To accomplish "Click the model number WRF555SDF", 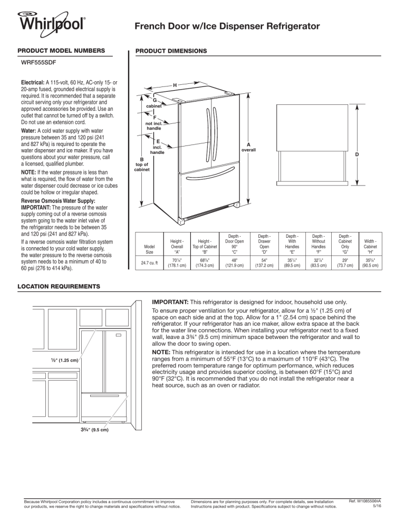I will pos(40,62).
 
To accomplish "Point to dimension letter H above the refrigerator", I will pos(175,84).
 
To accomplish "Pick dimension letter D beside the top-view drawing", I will pos(357,154).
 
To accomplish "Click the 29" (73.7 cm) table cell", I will pos(344,260).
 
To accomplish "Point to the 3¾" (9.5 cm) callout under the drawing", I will pos(91,430).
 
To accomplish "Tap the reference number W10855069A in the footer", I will pos(363,503).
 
